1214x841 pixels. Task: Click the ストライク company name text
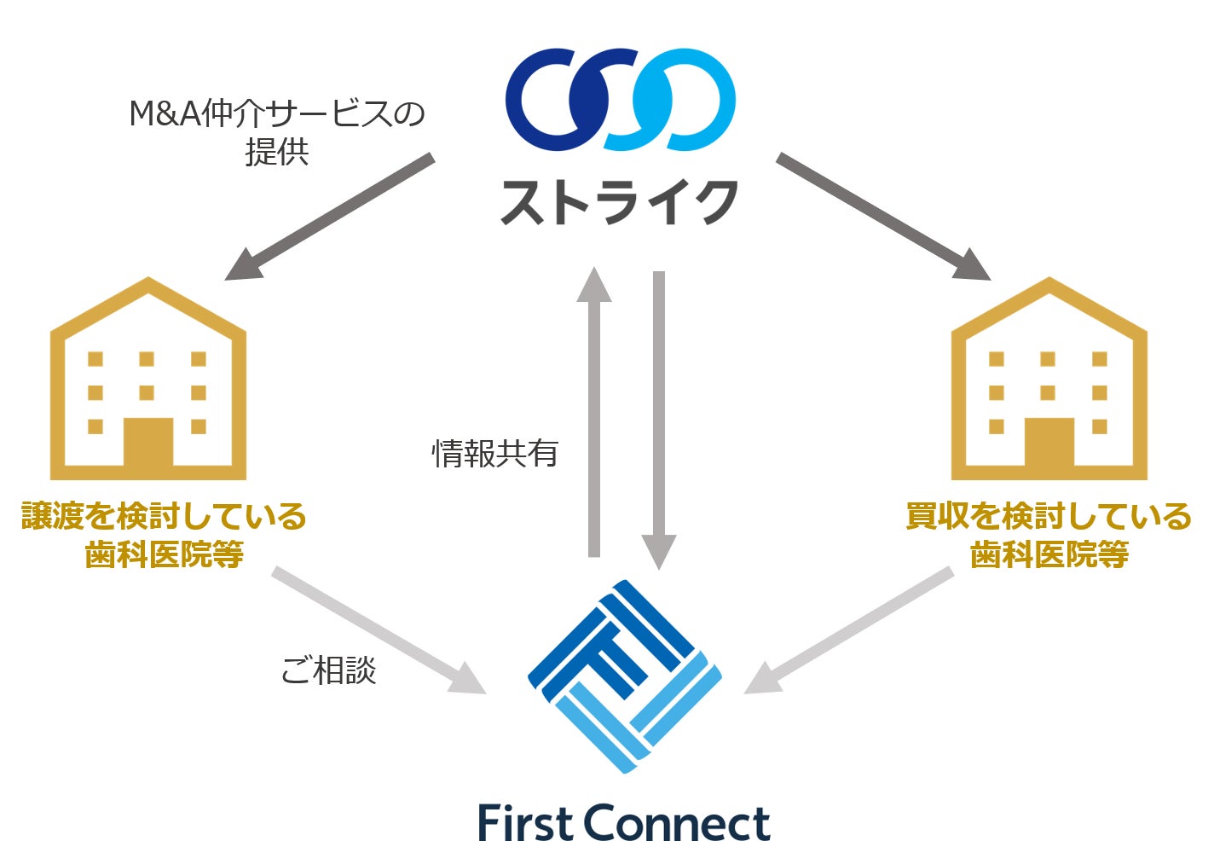619,202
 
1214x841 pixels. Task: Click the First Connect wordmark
624,821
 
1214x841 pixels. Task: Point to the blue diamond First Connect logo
624,676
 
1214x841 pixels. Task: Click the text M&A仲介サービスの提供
277,132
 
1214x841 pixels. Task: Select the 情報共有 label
494,453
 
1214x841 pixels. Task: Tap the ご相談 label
328,670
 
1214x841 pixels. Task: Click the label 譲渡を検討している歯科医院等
164,535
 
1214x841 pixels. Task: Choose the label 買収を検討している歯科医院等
1049,535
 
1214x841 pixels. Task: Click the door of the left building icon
148,442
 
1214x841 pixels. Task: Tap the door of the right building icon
1049,442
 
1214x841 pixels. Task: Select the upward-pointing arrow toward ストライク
594,409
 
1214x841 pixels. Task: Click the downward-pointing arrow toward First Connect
659,418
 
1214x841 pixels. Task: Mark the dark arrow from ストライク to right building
882,217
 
